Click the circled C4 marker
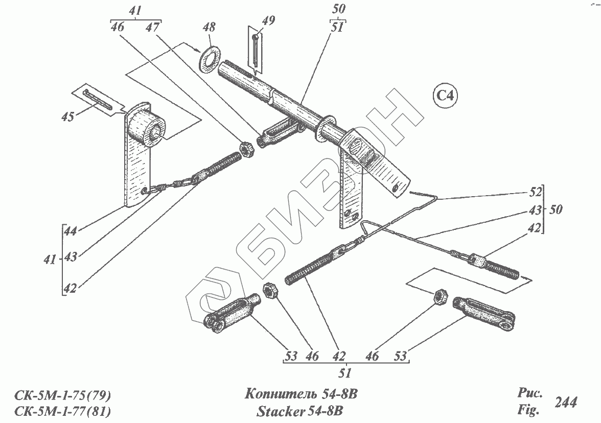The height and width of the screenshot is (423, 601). tap(445, 96)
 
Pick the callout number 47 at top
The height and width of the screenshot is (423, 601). tap(152, 28)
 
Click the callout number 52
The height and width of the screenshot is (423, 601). tap(535, 194)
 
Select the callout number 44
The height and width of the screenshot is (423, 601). tap(71, 231)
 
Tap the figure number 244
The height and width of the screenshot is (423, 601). tap(566, 403)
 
